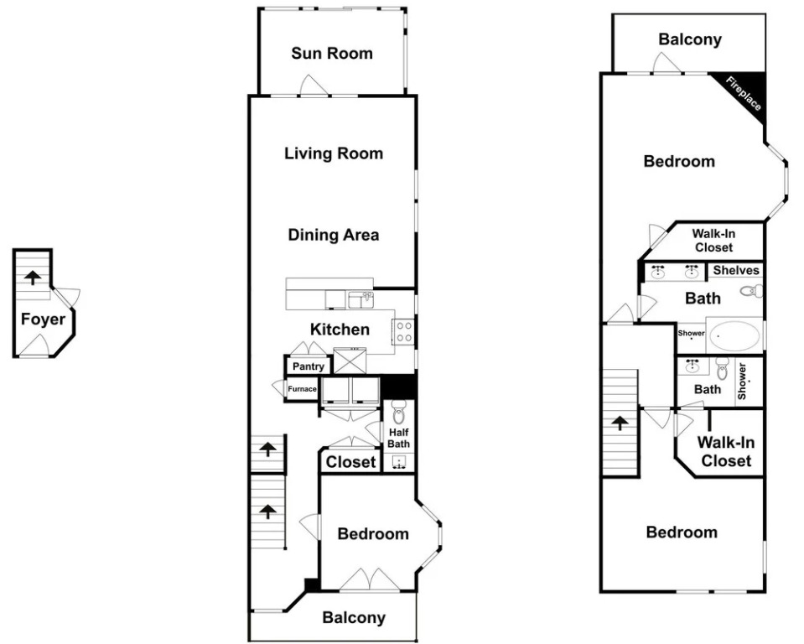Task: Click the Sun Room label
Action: pos(332,54)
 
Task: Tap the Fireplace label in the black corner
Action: pos(744,93)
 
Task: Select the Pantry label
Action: pos(309,366)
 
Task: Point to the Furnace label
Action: pos(302,388)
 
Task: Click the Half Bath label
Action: pos(398,438)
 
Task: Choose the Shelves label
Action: pos(736,270)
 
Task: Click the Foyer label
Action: pos(43,319)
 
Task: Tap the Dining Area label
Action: pos(334,235)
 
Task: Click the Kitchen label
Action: pos(340,330)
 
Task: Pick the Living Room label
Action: pos(334,153)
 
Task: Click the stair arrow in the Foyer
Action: pos(33,278)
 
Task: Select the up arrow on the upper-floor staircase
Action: pos(620,423)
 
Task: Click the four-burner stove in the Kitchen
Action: pos(403,331)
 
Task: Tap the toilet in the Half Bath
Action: pos(398,413)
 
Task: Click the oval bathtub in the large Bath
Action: pos(735,336)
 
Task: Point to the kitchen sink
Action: pos(361,299)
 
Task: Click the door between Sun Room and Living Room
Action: pos(314,86)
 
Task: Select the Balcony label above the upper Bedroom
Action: pos(690,39)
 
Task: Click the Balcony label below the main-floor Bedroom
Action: pos(354,618)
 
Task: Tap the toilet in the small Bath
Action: pos(722,369)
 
